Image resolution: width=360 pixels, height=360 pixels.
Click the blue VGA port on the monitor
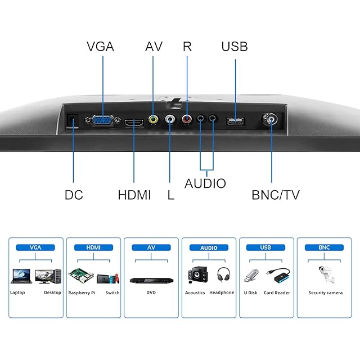pyautogui.click(x=102, y=120)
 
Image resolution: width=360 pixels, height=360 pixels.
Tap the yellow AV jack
pyautogui.click(x=153, y=119)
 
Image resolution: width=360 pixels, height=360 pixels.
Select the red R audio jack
pyautogui.click(x=187, y=119)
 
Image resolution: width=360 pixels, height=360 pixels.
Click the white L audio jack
pyautogui.click(x=170, y=119)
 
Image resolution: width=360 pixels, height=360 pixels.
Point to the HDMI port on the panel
pyautogui.click(x=134, y=123)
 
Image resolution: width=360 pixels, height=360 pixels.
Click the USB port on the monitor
pyautogui.click(x=235, y=121)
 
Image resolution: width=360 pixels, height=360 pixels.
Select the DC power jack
pyautogui.click(x=73, y=120)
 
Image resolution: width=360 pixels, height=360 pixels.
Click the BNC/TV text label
pyautogui.click(x=276, y=195)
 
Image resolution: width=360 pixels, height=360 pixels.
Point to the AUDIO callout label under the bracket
pyautogui.click(x=205, y=183)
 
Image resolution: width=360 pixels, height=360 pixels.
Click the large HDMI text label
pyautogui.click(x=134, y=195)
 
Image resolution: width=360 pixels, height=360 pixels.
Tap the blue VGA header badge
pyautogui.click(x=35, y=247)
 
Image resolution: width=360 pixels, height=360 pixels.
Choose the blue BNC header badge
pyautogui.click(x=324, y=247)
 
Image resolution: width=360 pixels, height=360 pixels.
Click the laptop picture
pyautogui.click(x=21, y=276)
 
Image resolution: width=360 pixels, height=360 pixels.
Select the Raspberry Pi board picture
pyautogui.click(x=81, y=275)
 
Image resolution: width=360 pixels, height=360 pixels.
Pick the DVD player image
pyautogui.click(x=151, y=280)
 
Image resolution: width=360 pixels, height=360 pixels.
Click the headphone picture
pyautogui.click(x=223, y=274)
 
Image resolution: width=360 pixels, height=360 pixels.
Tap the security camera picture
pyautogui.click(x=327, y=274)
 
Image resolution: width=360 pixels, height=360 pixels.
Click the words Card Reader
pyautogui.click(x=277, y=292)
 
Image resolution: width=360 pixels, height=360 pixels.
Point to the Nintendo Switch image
pyautogui.click(x=108, y=278)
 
